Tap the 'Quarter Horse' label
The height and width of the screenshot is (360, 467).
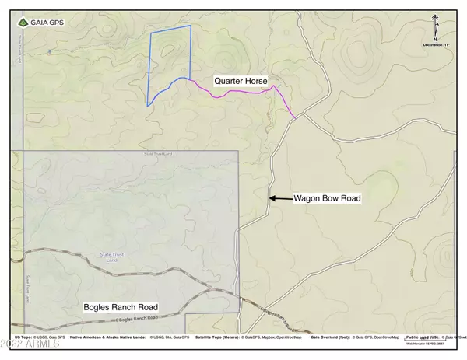click(x=241, y=80)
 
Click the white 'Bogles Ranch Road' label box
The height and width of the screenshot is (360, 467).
click(x=121, y=307)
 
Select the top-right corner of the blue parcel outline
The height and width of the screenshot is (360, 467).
click(x=191, y=26)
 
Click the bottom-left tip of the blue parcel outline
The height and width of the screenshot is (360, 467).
click(x=147, y=106)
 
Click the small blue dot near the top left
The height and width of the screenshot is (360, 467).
click(x=48, y=52)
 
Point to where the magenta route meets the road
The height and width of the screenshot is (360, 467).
click(x=296, y=119)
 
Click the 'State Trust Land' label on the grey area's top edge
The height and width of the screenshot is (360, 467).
click(x=158, y=154)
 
